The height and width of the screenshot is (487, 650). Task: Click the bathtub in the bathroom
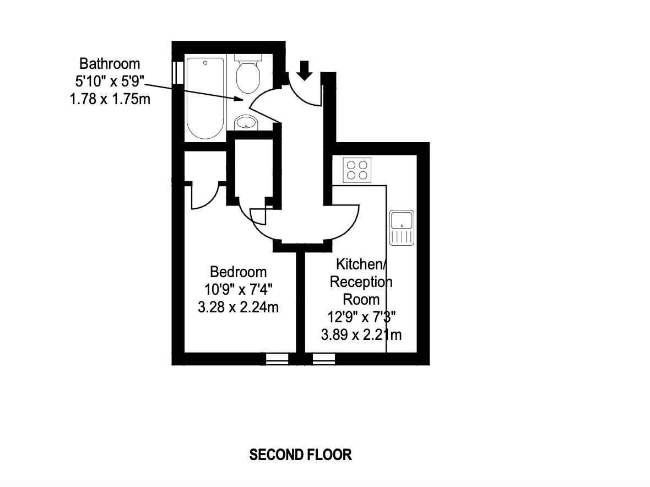205,98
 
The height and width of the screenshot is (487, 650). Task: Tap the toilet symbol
248,75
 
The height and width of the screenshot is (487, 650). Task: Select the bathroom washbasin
246,122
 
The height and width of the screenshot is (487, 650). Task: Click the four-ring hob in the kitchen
357,170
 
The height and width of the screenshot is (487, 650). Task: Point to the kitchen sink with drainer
401,227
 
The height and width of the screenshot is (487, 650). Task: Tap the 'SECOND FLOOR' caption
300,455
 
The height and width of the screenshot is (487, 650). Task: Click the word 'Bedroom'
238,272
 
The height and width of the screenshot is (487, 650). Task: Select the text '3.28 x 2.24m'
238,307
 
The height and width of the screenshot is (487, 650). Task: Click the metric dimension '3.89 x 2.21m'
361,334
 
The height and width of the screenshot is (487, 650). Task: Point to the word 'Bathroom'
110,63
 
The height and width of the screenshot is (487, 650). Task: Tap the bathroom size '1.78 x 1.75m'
110,100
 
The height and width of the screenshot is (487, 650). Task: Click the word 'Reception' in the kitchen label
361,282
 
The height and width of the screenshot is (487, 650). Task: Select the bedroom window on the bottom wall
277,359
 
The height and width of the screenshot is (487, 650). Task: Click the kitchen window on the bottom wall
324,359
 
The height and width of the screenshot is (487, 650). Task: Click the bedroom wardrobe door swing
205,197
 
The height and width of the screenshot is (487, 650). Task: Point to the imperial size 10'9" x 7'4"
238,289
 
